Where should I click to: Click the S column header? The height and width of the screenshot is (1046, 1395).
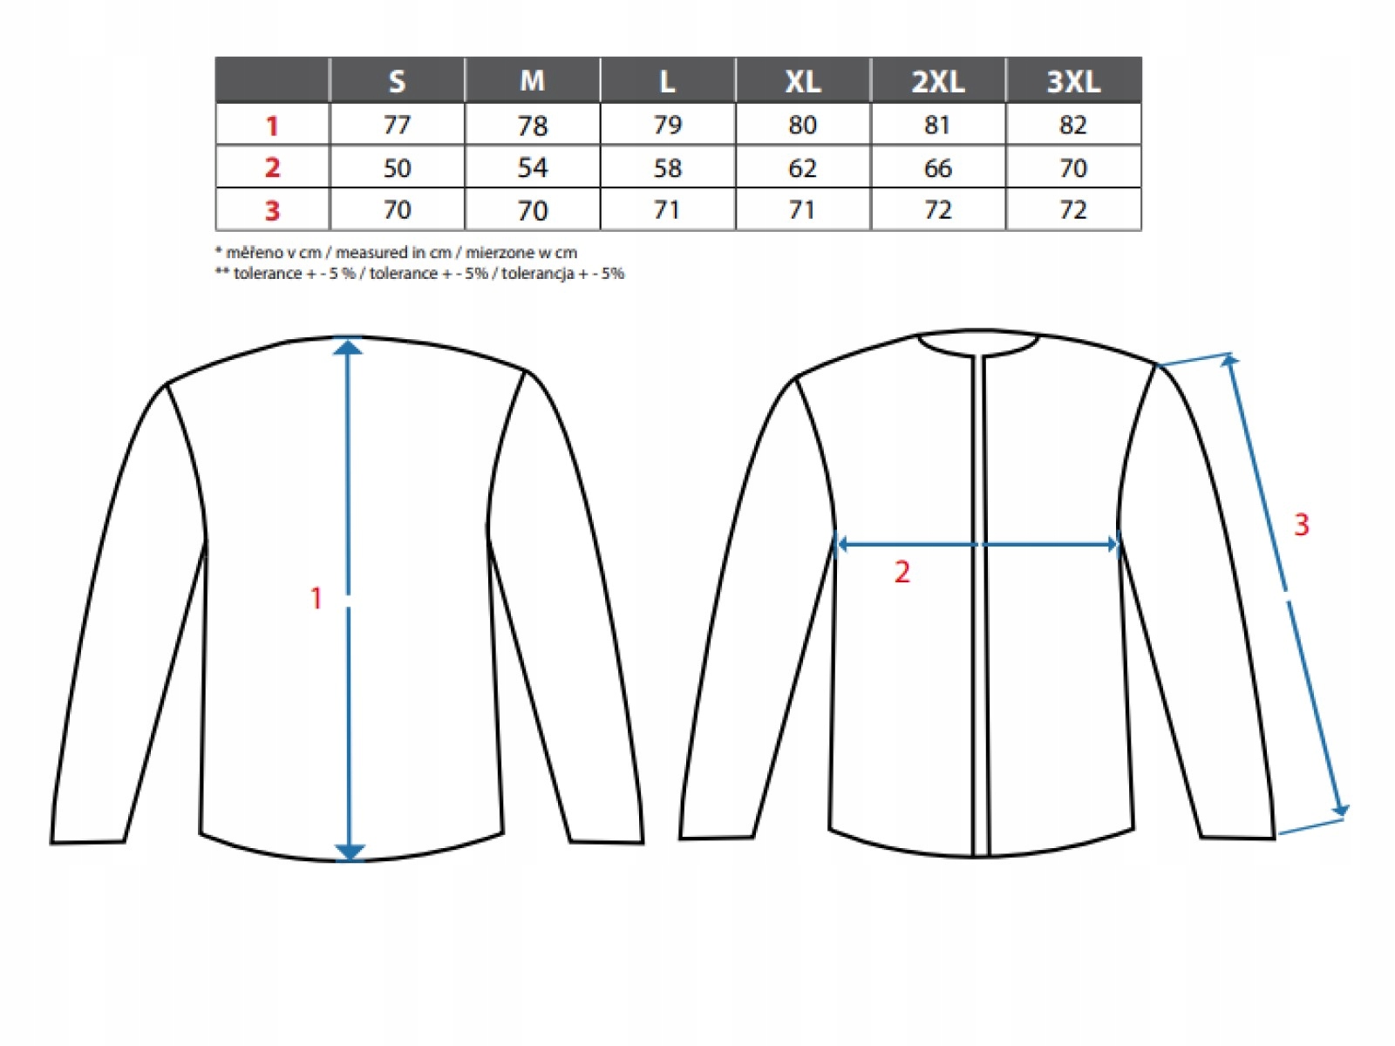(397, 81)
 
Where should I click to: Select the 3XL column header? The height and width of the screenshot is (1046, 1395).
(1072, 81)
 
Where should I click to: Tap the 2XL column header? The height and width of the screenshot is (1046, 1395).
(937, 81)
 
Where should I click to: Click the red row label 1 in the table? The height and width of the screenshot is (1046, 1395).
(272, 126)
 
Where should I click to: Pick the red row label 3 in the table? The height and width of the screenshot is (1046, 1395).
(272, 210)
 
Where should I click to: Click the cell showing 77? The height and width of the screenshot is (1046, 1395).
(397, 126)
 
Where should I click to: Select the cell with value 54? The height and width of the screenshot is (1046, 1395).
(532, 167)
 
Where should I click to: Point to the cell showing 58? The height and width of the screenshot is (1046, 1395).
(667, 167)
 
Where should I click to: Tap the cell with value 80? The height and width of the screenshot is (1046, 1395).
(802, 126)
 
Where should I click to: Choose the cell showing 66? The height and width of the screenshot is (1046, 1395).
(937, 167)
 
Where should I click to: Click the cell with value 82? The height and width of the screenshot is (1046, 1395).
(1072, 126)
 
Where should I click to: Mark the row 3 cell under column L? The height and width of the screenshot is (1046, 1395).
(667, 210)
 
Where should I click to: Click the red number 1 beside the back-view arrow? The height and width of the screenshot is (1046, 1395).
(316, 598)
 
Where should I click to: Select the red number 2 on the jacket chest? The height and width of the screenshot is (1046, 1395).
(902, 572)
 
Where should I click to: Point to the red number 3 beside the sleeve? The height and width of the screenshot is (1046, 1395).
(1301, 525)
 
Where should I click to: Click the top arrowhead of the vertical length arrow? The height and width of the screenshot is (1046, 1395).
(349, 347)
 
